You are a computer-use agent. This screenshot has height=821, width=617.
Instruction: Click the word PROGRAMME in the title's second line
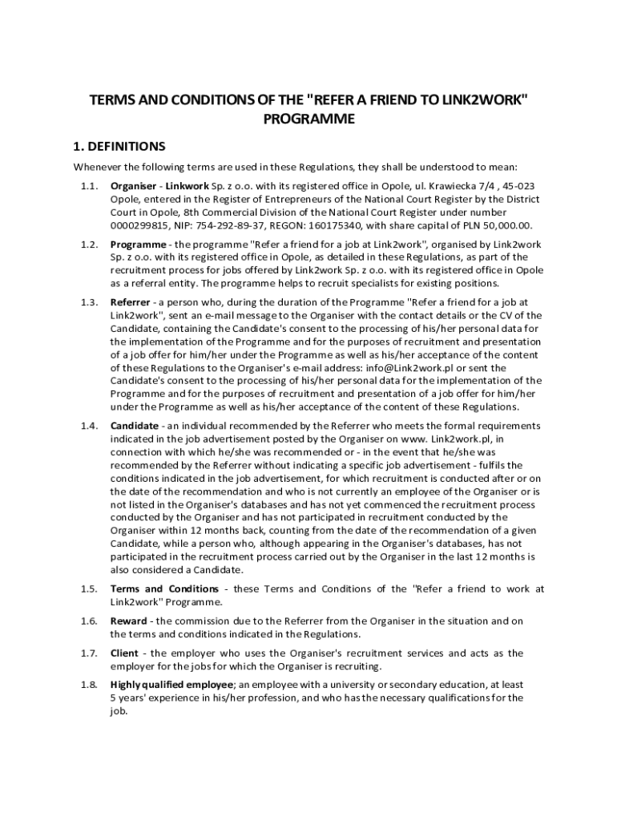tap(308, 119)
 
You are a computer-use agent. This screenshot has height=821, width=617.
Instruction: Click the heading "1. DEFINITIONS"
tap(119, 147)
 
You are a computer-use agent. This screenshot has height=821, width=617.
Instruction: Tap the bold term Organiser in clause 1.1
tap(133, 186)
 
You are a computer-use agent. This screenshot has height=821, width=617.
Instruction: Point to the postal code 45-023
tap(521, 186)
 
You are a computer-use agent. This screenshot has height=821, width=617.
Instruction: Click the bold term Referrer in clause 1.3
tap(130, 302)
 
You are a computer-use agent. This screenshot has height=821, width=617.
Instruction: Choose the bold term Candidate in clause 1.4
tap(135, 426)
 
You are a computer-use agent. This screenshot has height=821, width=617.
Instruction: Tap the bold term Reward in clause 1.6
tap(128, 621)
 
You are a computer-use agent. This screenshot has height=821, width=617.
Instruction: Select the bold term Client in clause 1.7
tap(124, 653)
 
